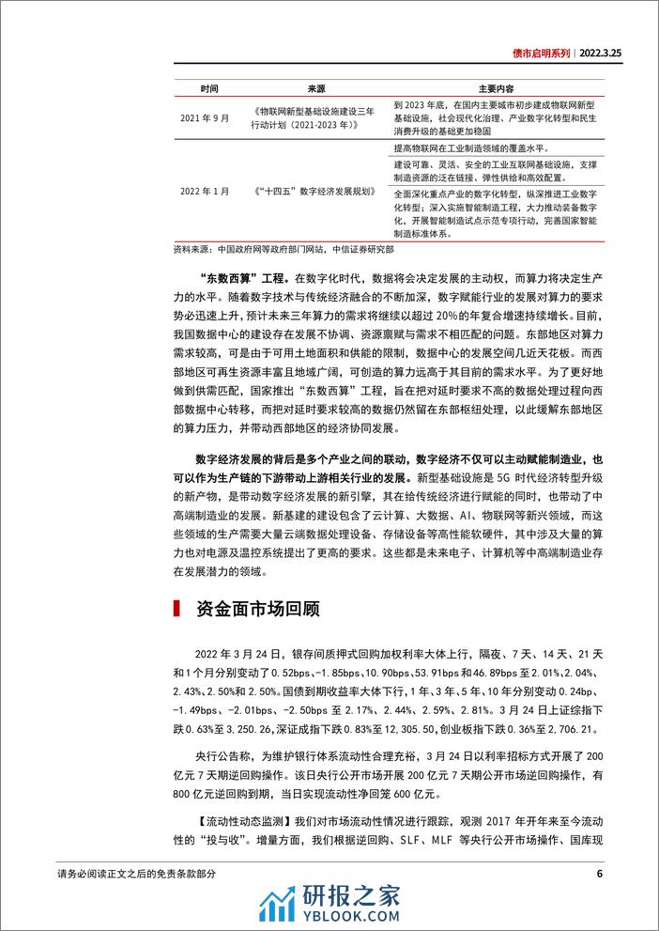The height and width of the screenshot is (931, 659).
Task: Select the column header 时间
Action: (x=209, y=88)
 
